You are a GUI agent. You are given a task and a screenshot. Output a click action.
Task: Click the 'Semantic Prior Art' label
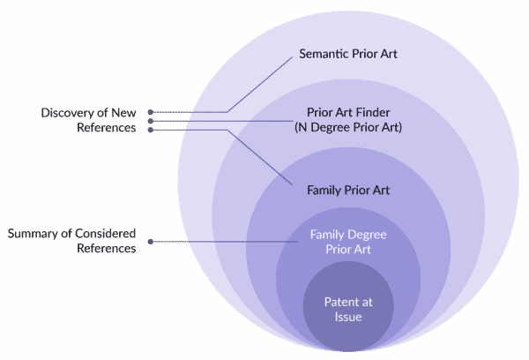pos(348,54)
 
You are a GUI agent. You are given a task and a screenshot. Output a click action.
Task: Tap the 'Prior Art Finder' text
pos(348,112)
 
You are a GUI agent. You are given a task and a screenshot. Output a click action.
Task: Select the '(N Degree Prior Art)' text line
pos(348,127)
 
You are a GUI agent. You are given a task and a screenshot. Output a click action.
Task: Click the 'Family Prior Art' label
pos(348,190)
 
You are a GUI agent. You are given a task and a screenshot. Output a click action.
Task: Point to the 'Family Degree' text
pos(348,235)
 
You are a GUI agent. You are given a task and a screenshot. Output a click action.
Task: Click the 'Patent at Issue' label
pos(348,310)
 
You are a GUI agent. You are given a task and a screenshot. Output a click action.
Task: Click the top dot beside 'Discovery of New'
pos(151,112)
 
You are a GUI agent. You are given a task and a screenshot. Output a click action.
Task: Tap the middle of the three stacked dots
pos(151,121)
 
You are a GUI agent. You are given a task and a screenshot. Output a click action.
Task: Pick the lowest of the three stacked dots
pos(151,130)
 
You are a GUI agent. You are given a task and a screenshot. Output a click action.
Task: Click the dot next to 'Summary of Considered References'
pos(151,242)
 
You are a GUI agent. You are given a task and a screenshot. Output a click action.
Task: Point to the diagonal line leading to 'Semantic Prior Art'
pos(260,85)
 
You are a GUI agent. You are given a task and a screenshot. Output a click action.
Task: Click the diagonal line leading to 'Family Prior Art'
pos(260,157)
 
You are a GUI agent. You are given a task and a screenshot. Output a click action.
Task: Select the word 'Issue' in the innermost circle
pos(348,317)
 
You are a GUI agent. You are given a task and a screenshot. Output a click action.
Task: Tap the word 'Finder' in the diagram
pos(374,112)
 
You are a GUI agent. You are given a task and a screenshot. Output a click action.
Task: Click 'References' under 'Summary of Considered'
pos(107,248)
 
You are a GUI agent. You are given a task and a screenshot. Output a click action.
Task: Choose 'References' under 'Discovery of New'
pos(107,128)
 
